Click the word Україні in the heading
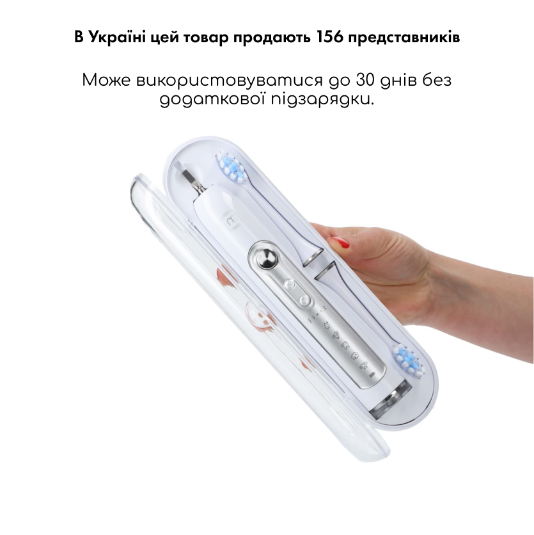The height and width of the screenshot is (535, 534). point(117,37)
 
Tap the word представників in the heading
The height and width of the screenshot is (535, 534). point(404,38)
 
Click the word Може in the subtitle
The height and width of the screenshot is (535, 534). point(106,80)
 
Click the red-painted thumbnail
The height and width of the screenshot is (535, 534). point(340,243)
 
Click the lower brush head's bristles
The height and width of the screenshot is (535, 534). point(409,361)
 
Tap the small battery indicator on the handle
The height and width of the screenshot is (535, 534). point(372,374)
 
